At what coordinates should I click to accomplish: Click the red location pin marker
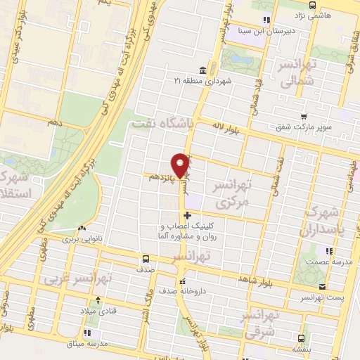coord(181,164)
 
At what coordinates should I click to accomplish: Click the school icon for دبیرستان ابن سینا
coord(265,20)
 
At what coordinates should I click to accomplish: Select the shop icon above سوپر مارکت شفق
coord(303,117)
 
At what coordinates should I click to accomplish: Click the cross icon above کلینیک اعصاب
coord(187,215)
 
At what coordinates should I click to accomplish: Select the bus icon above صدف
coord(146,258)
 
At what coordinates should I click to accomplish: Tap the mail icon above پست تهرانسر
coord(322,286)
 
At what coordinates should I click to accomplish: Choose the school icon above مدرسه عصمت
coord(328,250)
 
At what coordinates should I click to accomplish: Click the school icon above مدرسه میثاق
coord(88,332)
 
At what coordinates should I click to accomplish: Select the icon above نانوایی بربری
coord(83,229)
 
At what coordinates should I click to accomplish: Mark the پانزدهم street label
coord(162,178)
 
